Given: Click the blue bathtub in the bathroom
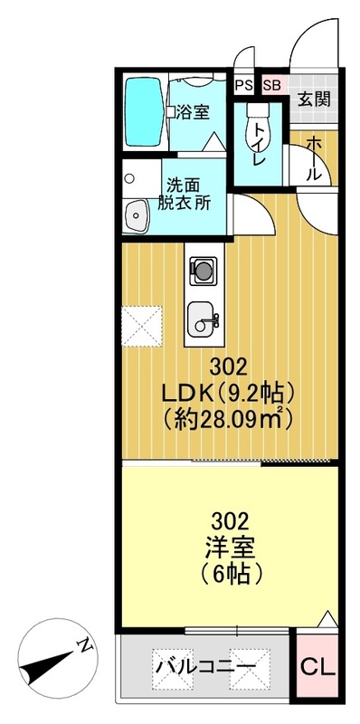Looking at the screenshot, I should (x=140, y=113).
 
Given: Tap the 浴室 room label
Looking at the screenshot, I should (x=192, y=113).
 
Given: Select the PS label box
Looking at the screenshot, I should (x=242, y=86).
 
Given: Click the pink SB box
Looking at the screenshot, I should (x=271, y=86).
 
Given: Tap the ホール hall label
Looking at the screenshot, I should (x=313, y=159).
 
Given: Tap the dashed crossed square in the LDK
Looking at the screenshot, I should (x=143, y=326).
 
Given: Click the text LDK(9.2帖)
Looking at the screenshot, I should (x=229, y=394).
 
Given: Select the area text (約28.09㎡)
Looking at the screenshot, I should (x=229, y=419).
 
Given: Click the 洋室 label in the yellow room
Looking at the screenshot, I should (x=230, y=548).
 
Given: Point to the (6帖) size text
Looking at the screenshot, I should (x=230, y=574).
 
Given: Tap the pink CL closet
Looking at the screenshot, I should (x=317, y=670).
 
